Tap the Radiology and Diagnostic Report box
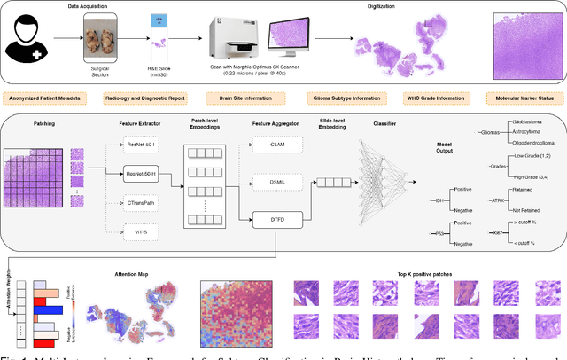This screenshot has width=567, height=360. pyautogui.click(x=144, y=99)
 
